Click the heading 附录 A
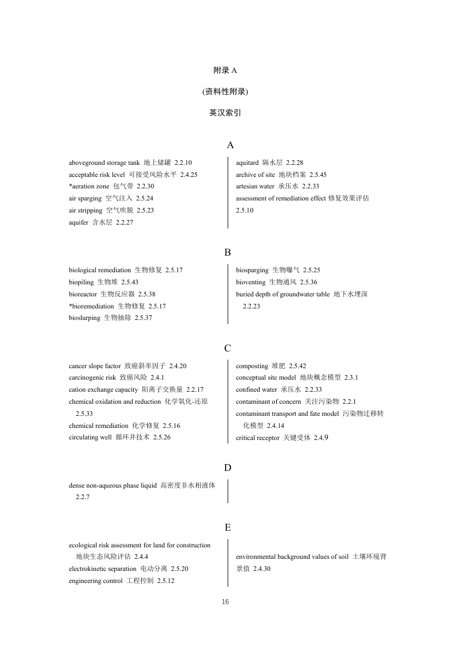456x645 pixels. pos(225,70)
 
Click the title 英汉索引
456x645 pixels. pos(225,113)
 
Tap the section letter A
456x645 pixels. pos(230,145)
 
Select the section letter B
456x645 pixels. pos(227,252)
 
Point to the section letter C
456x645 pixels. pos(227,348)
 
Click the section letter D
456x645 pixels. pos(227,468)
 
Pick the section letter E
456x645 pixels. pos(227,527)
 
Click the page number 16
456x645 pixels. pos(225,602)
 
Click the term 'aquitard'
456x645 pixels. pos(247,163)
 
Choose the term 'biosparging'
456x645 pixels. pos(252,270)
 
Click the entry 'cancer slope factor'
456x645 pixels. pos(95,366)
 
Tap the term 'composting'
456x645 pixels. pos(252,366)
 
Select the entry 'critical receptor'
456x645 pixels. pos(257,438)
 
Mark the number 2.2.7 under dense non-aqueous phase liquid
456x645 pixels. pos(83,497)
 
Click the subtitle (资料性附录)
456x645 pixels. pos(225,91)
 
